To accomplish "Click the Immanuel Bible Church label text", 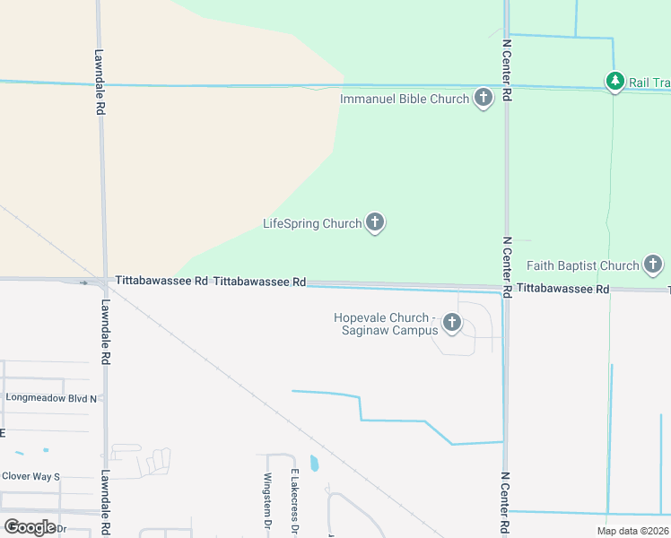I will [405, 99].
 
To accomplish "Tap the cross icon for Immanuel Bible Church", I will [484, 98].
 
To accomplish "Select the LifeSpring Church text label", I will [311, 223].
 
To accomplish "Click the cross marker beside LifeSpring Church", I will [375, 222].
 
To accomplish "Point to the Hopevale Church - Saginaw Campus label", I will [385, 324].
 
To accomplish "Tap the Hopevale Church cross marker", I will [451, 323].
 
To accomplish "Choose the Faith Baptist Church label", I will [582, 265].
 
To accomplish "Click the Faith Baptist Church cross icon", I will [653, 265].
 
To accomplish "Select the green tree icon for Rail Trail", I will [614, 82].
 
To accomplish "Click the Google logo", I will [30, 526].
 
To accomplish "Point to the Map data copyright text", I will [633, 531].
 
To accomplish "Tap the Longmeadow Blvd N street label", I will [55, 396].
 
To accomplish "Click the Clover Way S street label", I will [30, 476].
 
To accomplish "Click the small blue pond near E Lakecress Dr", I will [314, 464].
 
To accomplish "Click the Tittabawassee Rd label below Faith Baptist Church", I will [562, 289].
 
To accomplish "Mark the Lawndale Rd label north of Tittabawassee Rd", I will [100, 81].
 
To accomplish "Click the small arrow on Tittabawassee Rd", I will [84, 282].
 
